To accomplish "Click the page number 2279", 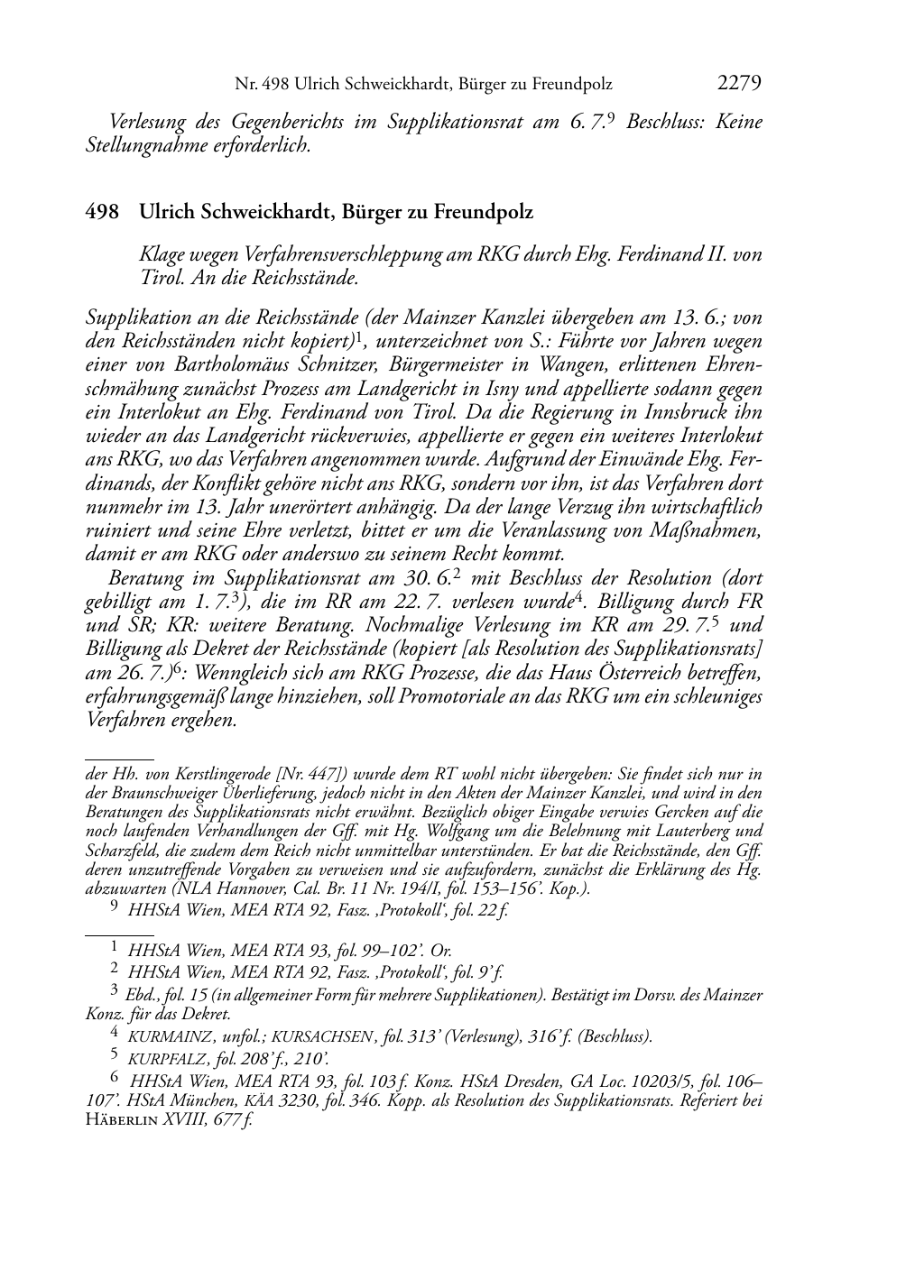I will [739, 84].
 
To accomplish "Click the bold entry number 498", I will [102, 213].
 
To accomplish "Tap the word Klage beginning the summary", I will [162, 255].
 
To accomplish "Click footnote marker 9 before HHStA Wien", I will [114, 910].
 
